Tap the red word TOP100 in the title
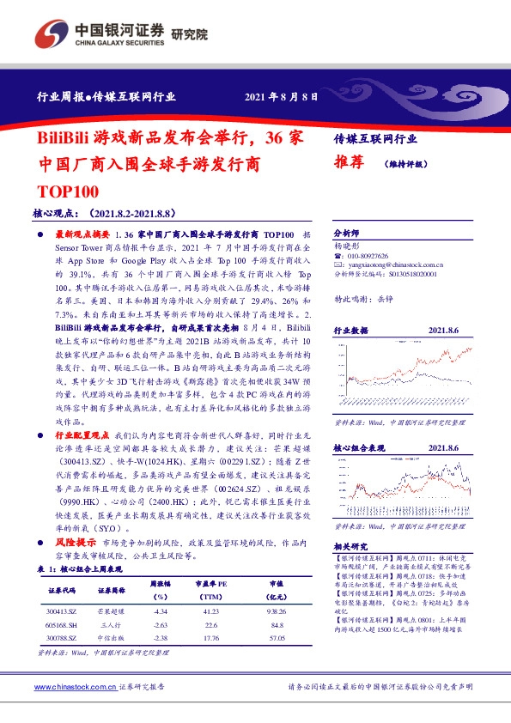[x=70, y=191]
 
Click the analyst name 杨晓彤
[x=347, y=246]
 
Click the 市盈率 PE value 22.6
[x=206, y=625]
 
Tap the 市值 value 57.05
[x=275, y=638]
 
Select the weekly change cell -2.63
[x=158, y=625]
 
